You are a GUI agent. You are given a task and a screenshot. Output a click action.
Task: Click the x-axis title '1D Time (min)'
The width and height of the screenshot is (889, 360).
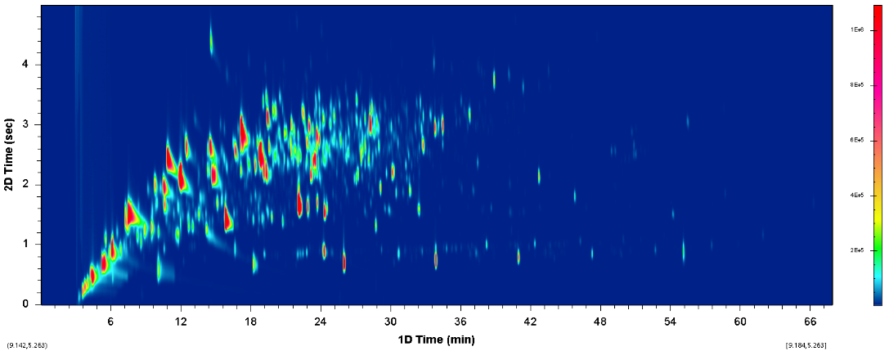[x=437, y=338]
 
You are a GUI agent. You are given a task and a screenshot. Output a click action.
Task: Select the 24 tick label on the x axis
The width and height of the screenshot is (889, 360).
[x=321, y=320]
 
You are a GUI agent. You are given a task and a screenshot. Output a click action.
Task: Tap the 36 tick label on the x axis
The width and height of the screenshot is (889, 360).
[x=460, y=320]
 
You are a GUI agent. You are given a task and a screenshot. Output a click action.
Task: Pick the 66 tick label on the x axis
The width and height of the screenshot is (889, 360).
[x=810, y=320]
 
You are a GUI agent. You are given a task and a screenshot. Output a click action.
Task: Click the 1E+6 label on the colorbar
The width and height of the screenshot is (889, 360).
[x=857, y=29]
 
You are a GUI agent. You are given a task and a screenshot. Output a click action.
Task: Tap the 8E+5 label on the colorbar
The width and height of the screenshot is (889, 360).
[x=857, y=85]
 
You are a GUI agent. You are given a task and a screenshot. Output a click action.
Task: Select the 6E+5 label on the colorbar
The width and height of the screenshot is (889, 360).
[x=857, y=141]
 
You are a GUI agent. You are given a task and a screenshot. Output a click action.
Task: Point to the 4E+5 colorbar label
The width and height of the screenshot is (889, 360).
[x=857, y=196]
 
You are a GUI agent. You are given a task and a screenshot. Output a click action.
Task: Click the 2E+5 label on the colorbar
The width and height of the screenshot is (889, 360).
[x=857, y=250]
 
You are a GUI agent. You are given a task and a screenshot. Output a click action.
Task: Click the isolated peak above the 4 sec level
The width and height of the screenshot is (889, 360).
[x=211, y=41]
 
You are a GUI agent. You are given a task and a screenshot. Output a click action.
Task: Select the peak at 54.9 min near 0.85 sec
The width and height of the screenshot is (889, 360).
[x=683, y=250]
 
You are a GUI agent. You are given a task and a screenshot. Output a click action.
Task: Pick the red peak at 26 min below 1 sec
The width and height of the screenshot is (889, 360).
[x=344, y=262]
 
